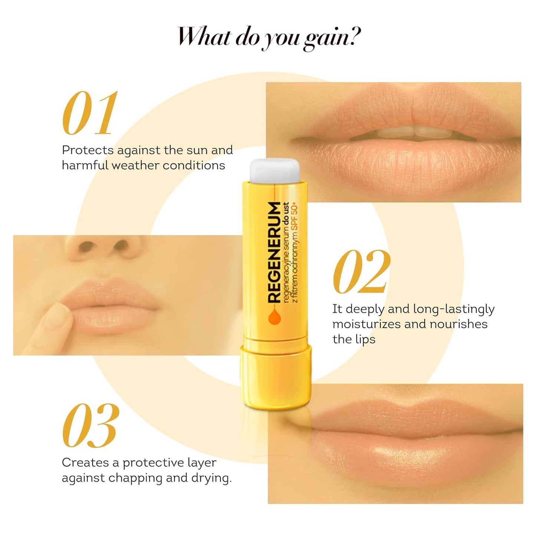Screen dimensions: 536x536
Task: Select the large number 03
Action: pyautogui.click(x=91, y=426)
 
